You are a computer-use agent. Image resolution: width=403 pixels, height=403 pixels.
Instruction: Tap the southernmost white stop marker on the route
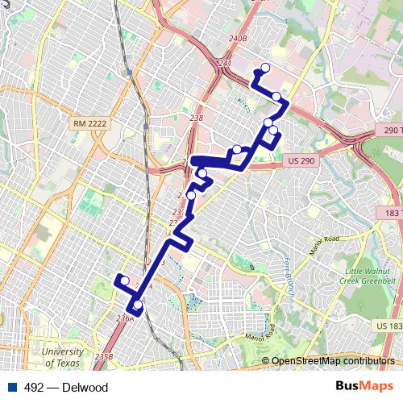(x=138, y=305)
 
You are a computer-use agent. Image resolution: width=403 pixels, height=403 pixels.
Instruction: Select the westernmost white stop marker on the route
(x=124, y=280)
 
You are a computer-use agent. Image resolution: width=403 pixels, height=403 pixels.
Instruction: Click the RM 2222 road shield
(x=89, y=123)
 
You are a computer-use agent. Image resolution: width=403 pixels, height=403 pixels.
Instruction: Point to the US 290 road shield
(x=299, y=161)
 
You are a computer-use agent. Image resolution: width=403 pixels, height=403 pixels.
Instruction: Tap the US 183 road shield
(x=388, y=325)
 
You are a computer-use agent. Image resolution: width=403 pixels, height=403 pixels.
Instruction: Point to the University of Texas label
(x=62, y=358)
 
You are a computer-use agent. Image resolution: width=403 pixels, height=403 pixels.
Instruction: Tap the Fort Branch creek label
(x=286, y=276)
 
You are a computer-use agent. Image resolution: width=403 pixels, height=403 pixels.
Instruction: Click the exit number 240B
(x=237, y=38)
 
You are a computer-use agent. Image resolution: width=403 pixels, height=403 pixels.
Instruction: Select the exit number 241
(x=225, y=63)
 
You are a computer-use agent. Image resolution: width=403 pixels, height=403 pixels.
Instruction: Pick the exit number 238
(x=196, y=118)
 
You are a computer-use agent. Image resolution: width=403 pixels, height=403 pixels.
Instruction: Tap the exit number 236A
(x=125, y=318)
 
